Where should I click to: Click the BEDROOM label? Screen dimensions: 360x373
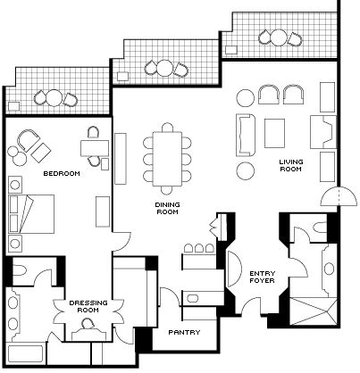coord(62,173)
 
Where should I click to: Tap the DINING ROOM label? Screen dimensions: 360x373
coord(167,208)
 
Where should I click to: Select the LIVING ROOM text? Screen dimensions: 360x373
coord(291,165)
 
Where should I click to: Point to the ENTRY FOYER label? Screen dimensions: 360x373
coord(262,277)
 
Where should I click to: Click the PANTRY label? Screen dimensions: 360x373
coord(184,332)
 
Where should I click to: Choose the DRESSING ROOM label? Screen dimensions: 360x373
coord(88,306)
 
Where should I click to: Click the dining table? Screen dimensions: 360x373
coord(167,159)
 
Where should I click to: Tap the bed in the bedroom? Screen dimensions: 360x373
coord(31,214)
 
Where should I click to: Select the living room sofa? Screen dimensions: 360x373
coord(246,135)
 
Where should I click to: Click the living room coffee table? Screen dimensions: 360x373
coord(274,133)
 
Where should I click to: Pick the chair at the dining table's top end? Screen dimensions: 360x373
coord(167,128)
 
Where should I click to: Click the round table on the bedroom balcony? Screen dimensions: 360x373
coord(54,98)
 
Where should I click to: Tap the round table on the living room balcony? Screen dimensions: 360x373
coord(278,37)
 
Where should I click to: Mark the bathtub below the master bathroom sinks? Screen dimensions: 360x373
coord(26,354)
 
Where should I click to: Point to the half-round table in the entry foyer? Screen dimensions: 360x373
coord(234,269)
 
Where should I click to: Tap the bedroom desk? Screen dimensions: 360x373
coord(95,148)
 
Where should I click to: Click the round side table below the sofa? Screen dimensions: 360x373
coord(246,170)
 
